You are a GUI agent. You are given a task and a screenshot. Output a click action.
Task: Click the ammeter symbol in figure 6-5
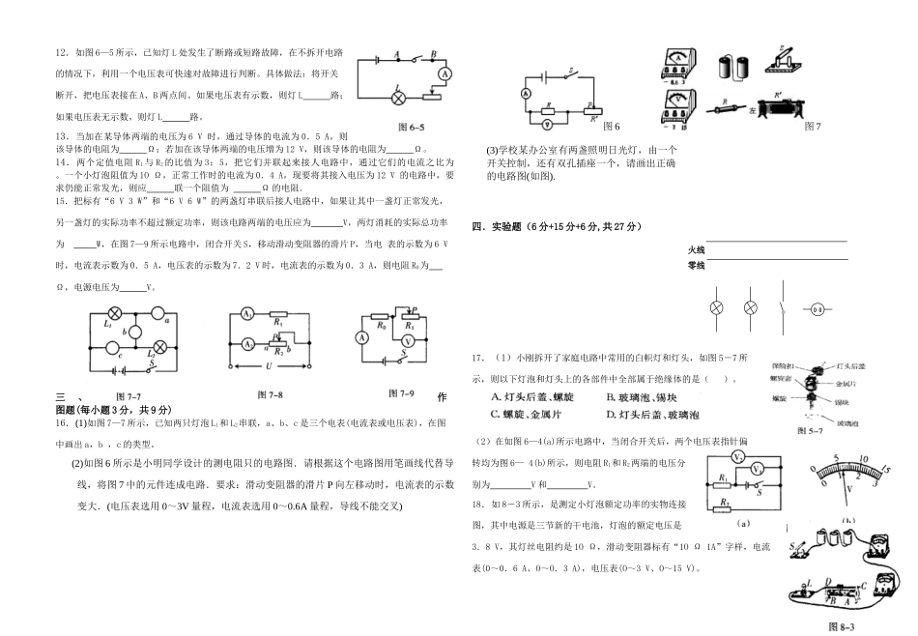(x=446, y=73)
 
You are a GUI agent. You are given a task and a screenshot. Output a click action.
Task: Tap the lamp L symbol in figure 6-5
(x=397, y=95)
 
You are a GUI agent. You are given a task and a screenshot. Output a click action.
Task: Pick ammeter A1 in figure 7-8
(x=248, y=315)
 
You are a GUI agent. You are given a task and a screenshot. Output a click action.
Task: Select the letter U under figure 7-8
(x=269, y=369)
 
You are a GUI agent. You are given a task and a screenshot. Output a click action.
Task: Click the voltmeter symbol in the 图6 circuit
(x=547, y=125)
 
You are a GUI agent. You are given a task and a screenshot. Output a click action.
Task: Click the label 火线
(x=696, y=249)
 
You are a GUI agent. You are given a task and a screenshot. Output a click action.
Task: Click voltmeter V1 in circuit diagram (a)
(x=737, y=457)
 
